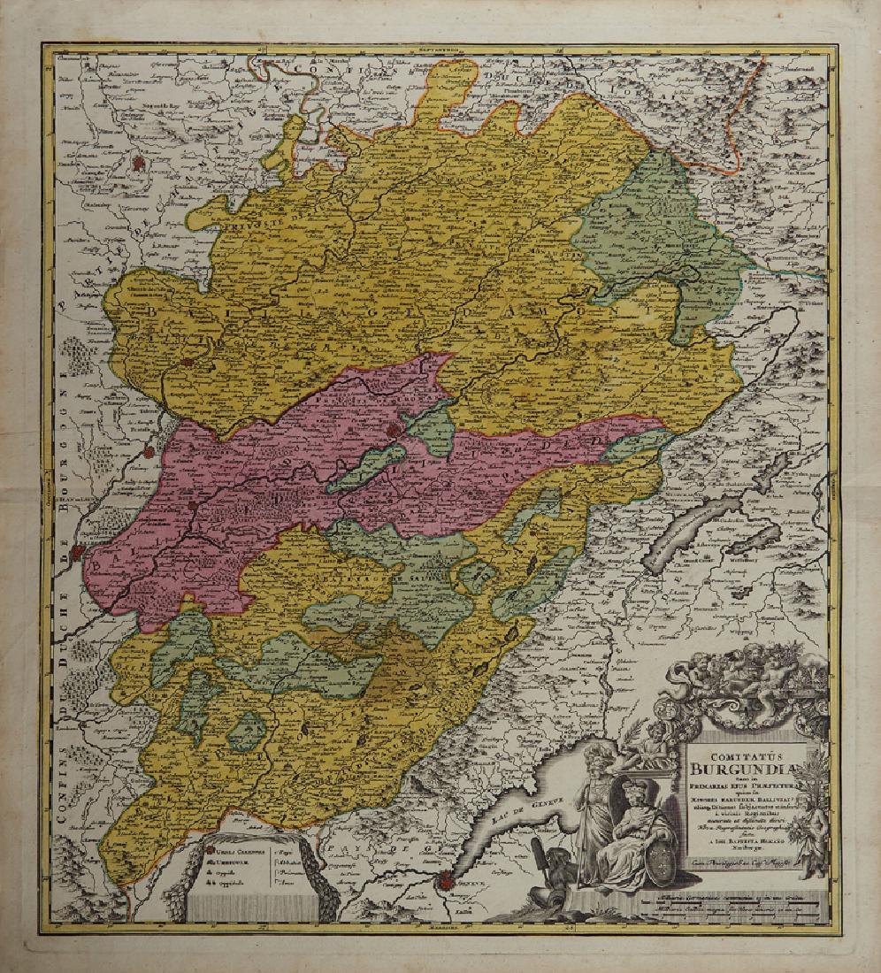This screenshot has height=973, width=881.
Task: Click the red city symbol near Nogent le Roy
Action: (x=140, y=163)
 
